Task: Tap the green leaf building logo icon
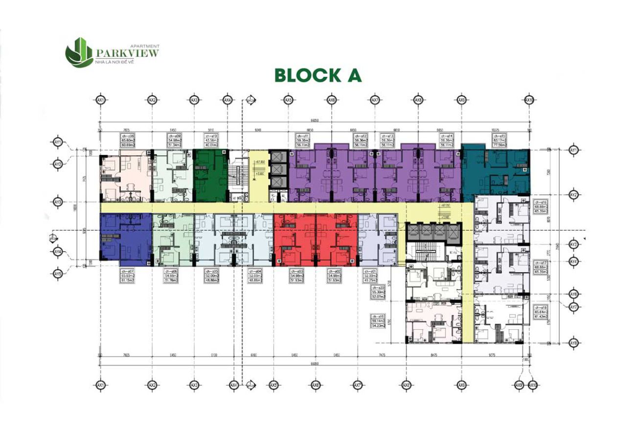pyautogui.click(x=79, y=52)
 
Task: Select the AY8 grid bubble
pyautogui.click(x=574, y=343)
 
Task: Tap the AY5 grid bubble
pyautogui.click(x=58, y=274)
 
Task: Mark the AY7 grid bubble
pyautogui.click(x=574, y=307)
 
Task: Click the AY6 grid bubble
pyautogui.click(x=574, y=294)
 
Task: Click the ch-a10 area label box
pyautogui.click(x=211, y=140)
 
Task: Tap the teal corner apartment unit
pyautogui.click(x=495, y=171)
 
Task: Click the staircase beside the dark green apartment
pyautogui.click(x=238, y=175)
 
